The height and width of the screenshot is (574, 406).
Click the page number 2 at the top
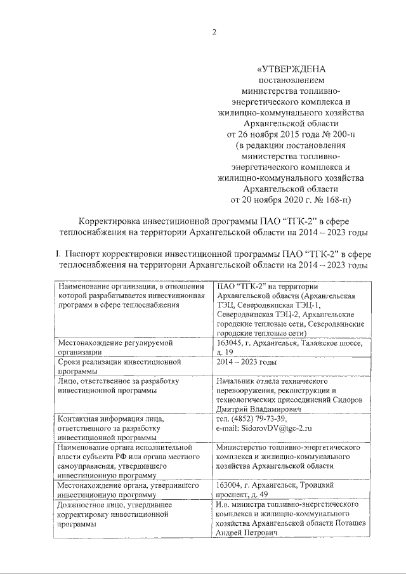[x=214, y=33]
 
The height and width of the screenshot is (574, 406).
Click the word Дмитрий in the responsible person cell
[x=233, y=410]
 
